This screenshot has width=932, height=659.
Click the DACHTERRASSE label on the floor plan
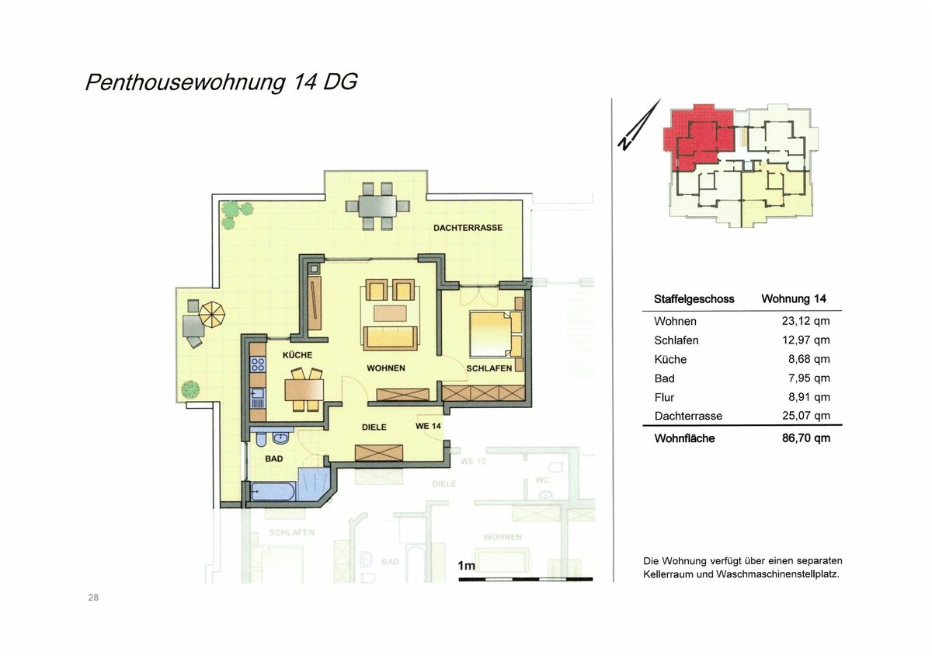click(x=468, y=228)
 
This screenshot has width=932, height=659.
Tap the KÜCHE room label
click(x=297, y=354)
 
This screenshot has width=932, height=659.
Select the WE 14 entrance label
click(x=428, y=426)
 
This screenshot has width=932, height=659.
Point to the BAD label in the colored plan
click(x=273, y=459)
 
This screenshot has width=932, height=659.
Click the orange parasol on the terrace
click(x=212, y=314)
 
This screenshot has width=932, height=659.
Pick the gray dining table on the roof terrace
click(x=377, y=206)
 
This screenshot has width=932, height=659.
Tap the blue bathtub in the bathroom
click(x=273, y=491)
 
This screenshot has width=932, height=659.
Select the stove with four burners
click(x=258, y=364)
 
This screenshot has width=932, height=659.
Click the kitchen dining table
click(x=304, y=390)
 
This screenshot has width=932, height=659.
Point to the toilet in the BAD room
click(x=261, y=438)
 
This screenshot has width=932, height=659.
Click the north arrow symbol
click(x=639, y=124)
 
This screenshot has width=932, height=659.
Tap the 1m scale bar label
click(x=466, y=566)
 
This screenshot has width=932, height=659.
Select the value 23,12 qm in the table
click(x=806, y=321)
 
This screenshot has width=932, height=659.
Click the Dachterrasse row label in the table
click(x=688, y=416)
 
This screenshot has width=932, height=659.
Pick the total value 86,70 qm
click(x=806, y=438)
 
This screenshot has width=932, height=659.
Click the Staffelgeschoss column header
click(x=694, y=299)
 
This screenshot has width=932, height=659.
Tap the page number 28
click(x=93, y=598)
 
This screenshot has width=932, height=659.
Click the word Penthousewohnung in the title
click(x=185, y=82)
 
